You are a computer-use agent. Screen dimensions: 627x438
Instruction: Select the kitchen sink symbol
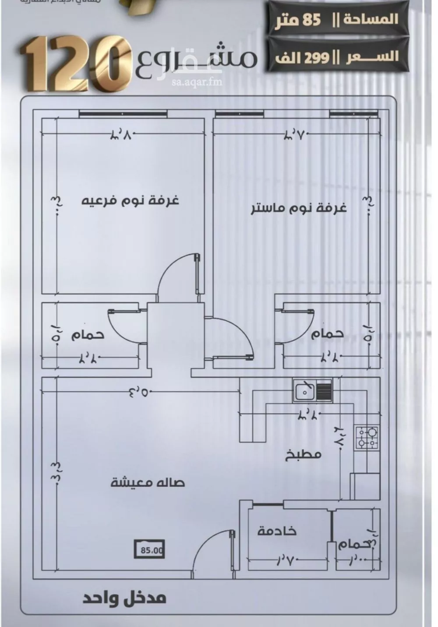click(x=313, y=390)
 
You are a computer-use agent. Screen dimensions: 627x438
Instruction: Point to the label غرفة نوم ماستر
click(x=299, y=207)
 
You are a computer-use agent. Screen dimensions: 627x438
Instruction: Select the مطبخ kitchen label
click(x=304, y=453)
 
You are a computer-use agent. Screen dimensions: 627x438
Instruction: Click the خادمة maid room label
click(x=277, y=531)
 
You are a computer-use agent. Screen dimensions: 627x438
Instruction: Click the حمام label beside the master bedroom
click(x=328, y=333)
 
